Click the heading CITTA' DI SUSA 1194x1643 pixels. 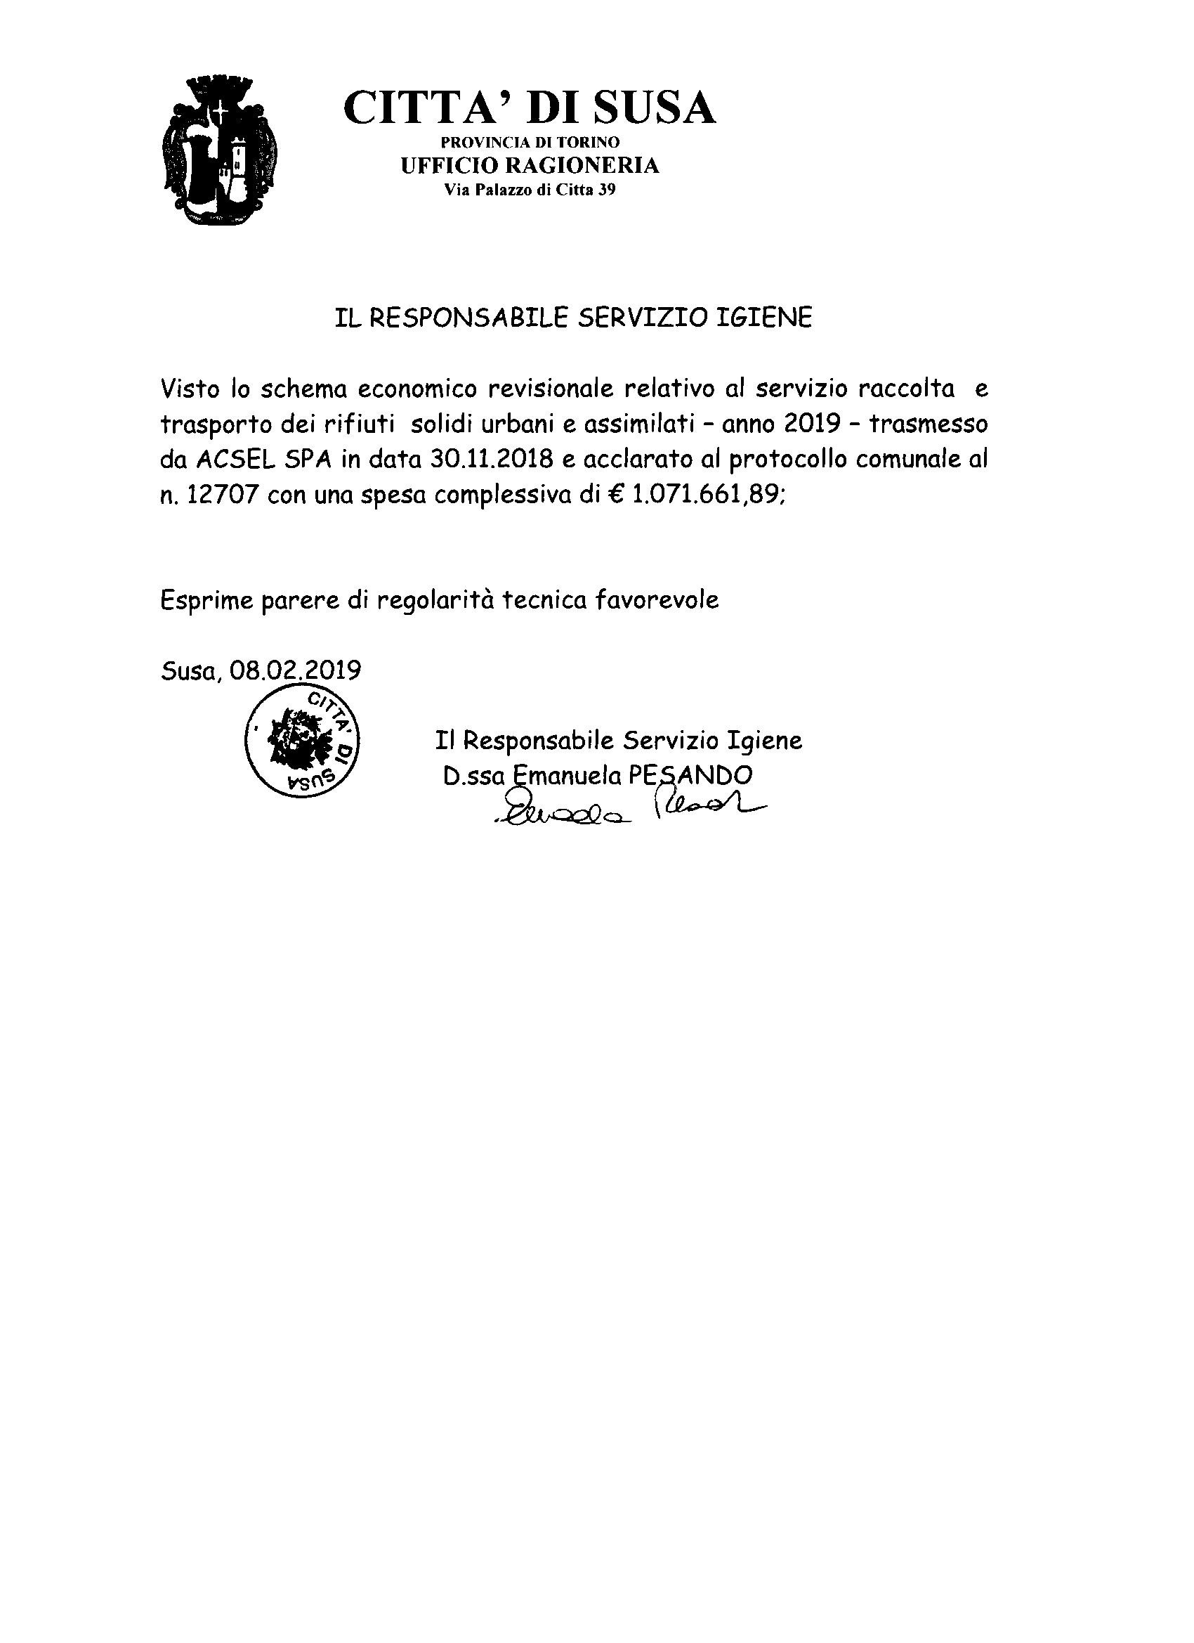click(530, 108)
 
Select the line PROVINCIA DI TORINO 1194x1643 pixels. click(530, 143)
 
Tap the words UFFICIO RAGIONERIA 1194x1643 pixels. click(530, 166)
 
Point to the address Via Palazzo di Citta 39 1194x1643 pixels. click(530, 190)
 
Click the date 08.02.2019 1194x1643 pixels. click(296, 670)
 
